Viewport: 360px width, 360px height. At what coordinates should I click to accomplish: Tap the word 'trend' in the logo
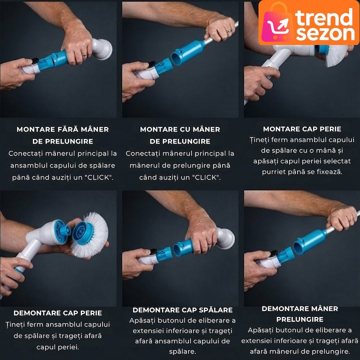click(x=324, y=17)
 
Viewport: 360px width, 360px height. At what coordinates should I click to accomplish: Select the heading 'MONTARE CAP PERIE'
click(x=302, y=129)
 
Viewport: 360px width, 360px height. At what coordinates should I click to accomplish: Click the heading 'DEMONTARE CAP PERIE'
click(x=58, y=313)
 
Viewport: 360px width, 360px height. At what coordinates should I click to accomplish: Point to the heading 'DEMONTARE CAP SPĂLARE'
click(x=182, y=310)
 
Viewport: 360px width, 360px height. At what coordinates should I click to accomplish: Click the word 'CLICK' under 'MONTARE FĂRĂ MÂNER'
click(x=98, y=177)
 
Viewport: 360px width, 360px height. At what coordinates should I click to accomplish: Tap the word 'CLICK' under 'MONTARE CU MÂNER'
click(x=205, y=177)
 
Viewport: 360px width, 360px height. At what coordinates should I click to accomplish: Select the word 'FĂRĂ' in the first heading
click(x=68, y=129)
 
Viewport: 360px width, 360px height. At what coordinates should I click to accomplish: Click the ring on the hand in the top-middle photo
click(x=229, y=31)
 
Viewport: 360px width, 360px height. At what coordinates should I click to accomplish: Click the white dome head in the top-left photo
click(x=102, y=49)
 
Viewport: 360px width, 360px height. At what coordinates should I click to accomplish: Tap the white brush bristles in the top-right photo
click(x=336, y=55)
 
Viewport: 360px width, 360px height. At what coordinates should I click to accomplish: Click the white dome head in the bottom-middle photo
click(x=225, y=238)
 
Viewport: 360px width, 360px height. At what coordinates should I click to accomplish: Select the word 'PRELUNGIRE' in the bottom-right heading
click(x=300, y=319)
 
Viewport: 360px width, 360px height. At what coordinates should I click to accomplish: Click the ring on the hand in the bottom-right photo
click(x=351, y=220)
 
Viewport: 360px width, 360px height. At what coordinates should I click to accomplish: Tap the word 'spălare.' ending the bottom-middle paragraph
click(x=182, y=351)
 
